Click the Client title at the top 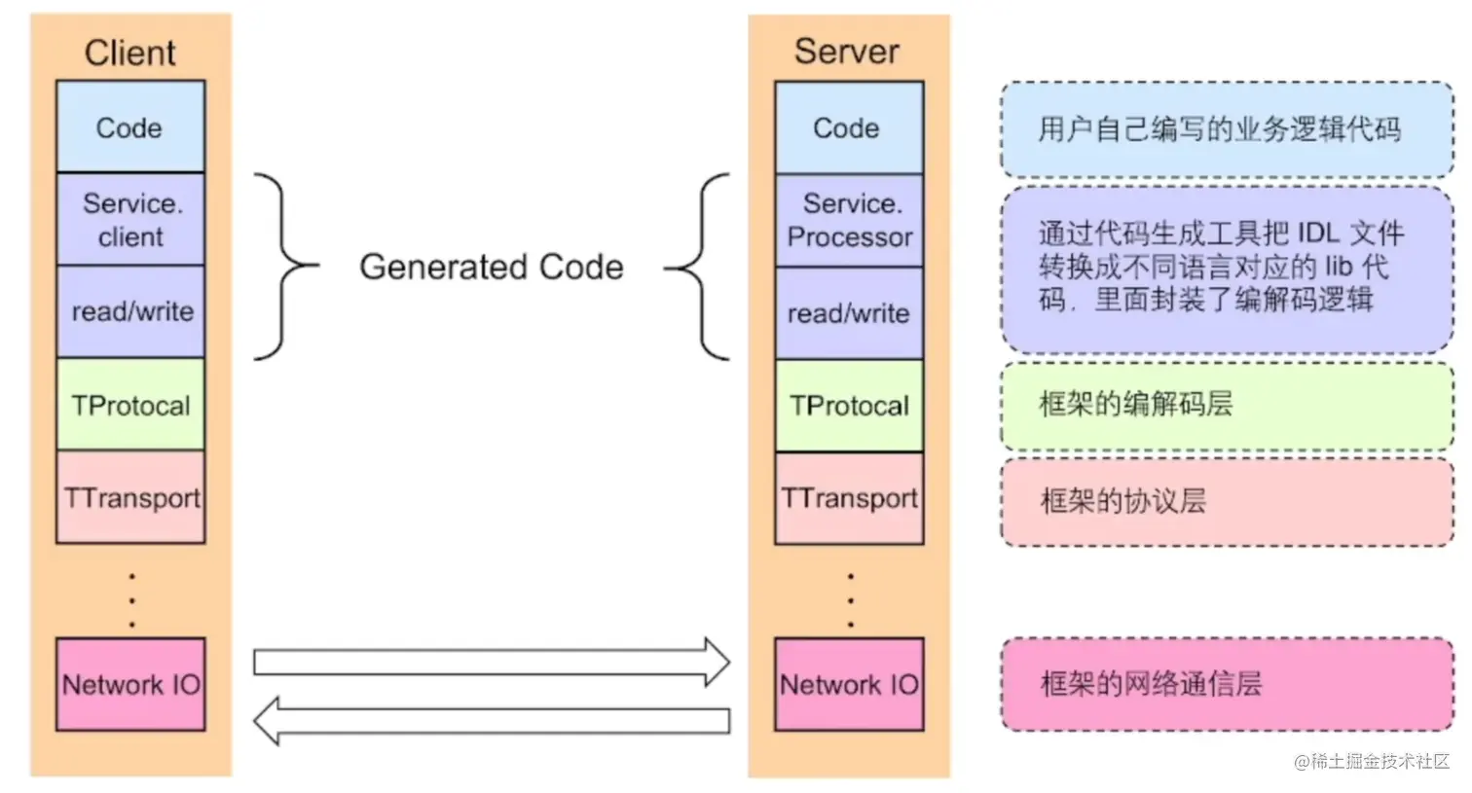tap(129, 53)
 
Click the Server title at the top tap(847, 52)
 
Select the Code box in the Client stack tap(129, 127)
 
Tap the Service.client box tap(130, 220)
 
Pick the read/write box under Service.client tap(131, 311)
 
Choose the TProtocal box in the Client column tap(130, 405)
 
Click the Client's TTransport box tap(131, 497)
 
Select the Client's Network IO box tap(130, 684)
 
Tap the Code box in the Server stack tap(848, 128)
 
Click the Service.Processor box tap(849, 221)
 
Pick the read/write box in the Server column tap(849, 313)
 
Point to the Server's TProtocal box tap(849, 406)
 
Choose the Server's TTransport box tap(849, 498)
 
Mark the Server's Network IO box tap(849, 684)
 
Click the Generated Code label tap(491, 267)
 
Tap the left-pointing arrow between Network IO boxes tap(491, 721)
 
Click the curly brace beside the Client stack tap(285, 266)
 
